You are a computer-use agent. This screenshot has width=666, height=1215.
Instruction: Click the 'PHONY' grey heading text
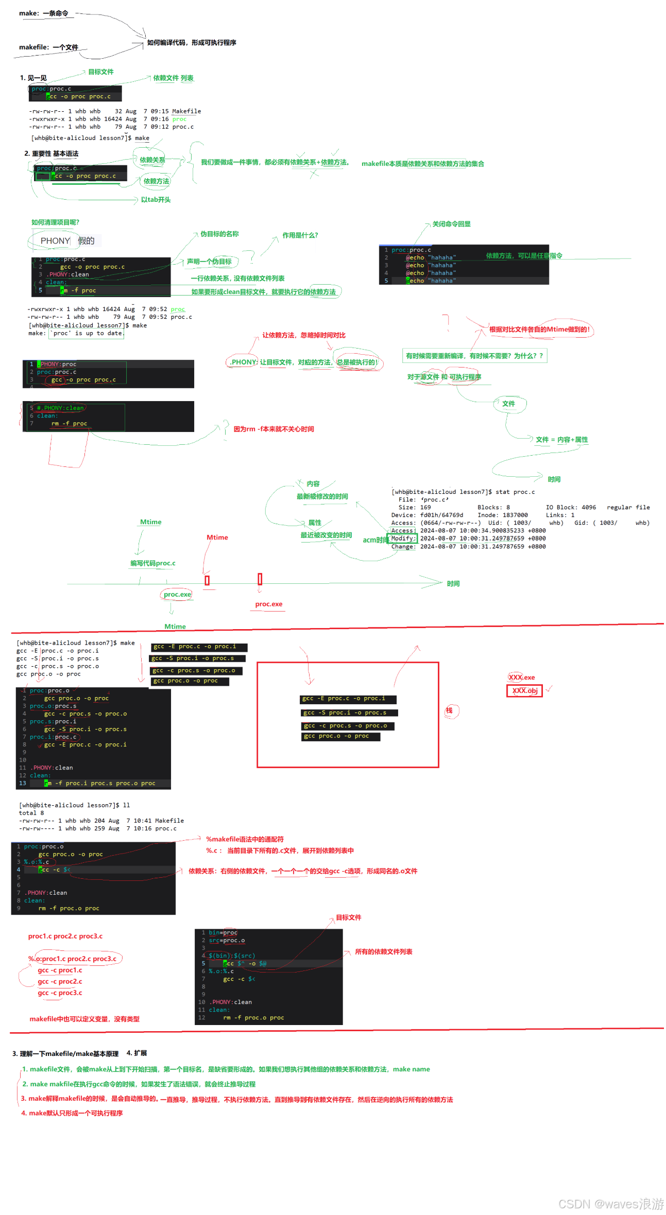click(x=55, y=241)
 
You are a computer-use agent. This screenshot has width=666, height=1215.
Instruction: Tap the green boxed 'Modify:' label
click(x=403, y=539)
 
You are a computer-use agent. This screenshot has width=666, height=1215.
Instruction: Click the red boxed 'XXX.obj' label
click(x=525, y=691)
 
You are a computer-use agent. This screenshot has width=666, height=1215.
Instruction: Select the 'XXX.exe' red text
click(x=522, y=678)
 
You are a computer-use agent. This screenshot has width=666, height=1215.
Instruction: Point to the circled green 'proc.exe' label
click(x=177, y=595)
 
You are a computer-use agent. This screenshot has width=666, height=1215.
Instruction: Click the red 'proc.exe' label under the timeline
click(x=269, y=604)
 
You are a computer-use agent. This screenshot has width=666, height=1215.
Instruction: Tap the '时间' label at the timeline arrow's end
click(x=453, y=584)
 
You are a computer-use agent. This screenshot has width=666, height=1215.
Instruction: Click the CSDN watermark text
click(x=611, y=1204)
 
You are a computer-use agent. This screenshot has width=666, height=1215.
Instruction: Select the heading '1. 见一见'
click(x=33, y=78)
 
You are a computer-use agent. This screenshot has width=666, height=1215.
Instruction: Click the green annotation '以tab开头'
click(x=156, y=200)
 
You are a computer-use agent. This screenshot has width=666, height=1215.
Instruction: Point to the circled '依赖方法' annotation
click(x=156, y=181)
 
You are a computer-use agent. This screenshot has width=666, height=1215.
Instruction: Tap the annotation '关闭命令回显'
click(x=451, y=224)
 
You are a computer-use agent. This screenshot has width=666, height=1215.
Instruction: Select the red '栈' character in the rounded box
click(x=449, y=710)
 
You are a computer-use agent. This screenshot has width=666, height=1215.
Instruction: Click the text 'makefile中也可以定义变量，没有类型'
click(x=84, y=1019)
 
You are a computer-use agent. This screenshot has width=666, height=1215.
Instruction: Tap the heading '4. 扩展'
click(x=136, y=1053)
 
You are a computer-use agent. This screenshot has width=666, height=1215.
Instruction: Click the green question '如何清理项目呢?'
click(x=55, y=222)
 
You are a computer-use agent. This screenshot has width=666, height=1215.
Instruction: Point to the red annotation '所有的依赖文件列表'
click(x=384, y=952)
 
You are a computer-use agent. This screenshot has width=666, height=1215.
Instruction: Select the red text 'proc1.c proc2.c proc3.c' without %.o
click(x=65, y=936)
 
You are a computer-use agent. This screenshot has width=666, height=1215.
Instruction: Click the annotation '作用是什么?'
click(x=300, y=236)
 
